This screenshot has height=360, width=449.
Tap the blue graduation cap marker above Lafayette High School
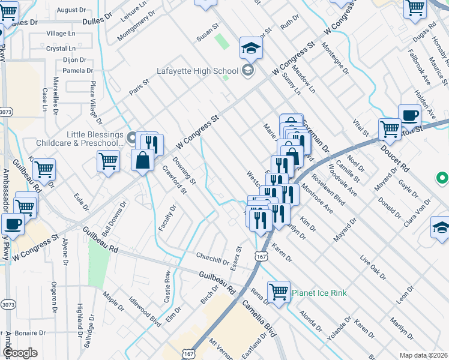pyautogui.click(x=251, y=47)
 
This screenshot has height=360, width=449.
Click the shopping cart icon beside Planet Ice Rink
pyautogui.click(x=279, y=292)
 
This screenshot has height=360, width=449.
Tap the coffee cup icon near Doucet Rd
pyautogui.click(x=409, y=115)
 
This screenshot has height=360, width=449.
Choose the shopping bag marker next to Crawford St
pyautogui.click(x=143, y=161)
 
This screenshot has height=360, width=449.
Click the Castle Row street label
pyautogui.click(x=167, y=286)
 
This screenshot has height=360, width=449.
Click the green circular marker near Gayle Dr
pyautogui.click(x=442, y=178)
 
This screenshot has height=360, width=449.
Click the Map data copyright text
pyautogui.click(x=424, y=355)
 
